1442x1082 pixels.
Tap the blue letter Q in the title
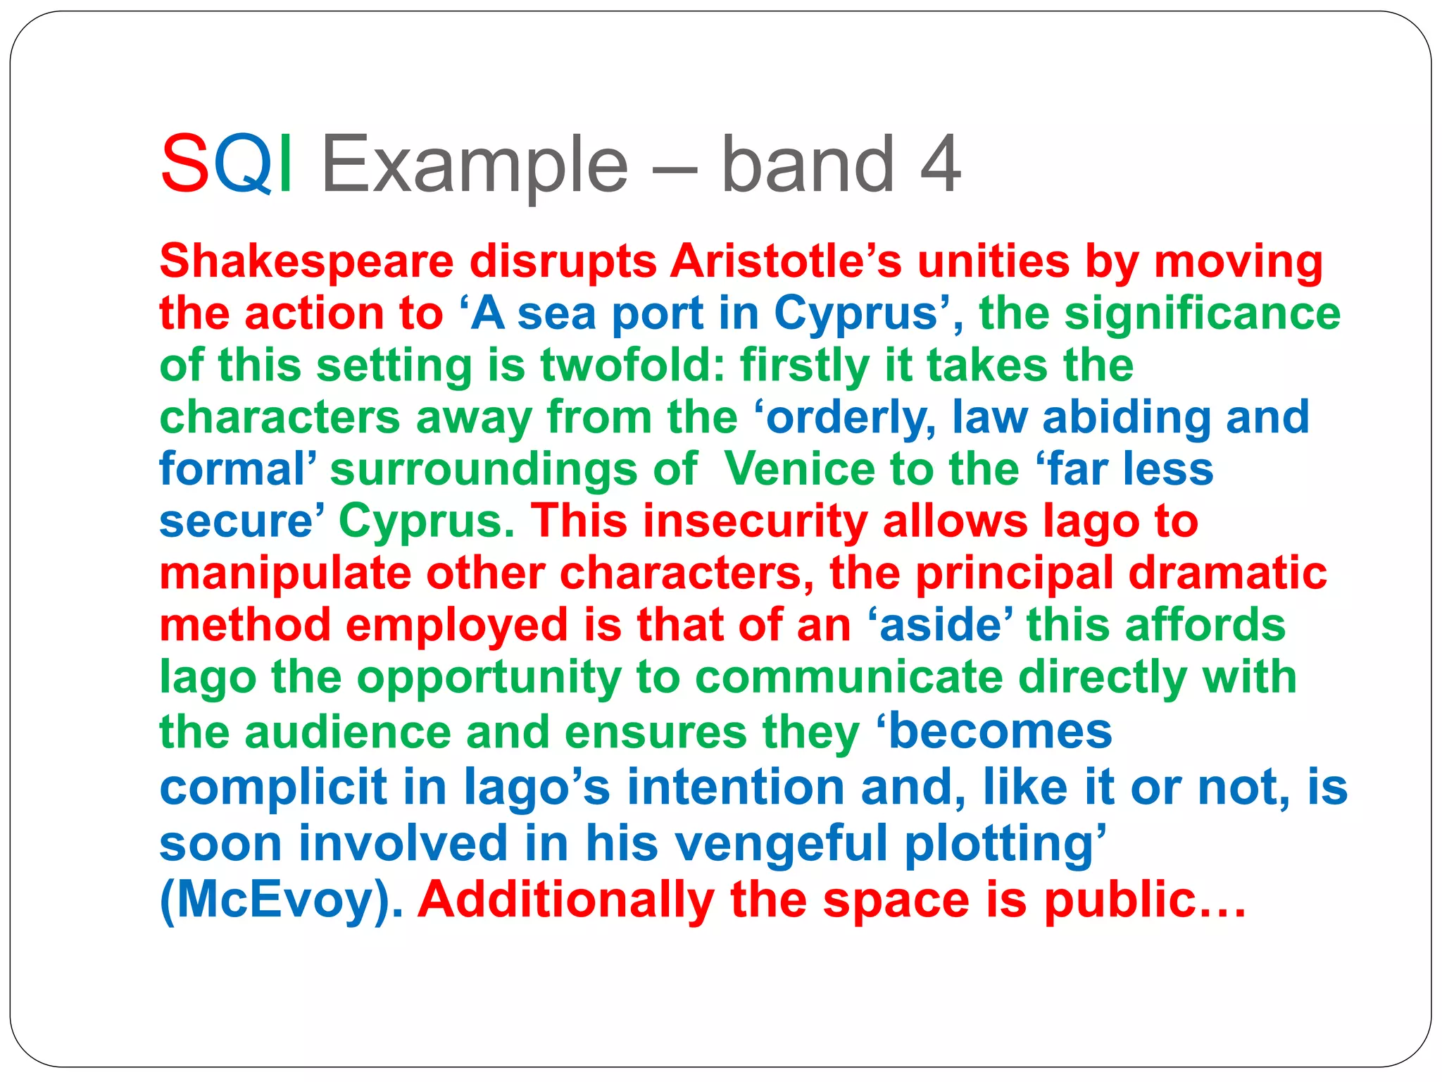click(x=243, y=164)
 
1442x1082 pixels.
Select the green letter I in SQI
click(x=285, y=164)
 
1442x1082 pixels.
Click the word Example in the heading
click(x=475, y=166)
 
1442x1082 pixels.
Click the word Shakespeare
click(x=307, y=262)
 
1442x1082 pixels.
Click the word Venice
click(x=801, y=470)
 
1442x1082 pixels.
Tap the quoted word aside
click(x=941, y=626)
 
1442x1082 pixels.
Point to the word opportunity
click(x=489, y=678)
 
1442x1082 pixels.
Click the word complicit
click(x=274, y=788)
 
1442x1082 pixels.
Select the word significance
click(x=1202, y=313)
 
